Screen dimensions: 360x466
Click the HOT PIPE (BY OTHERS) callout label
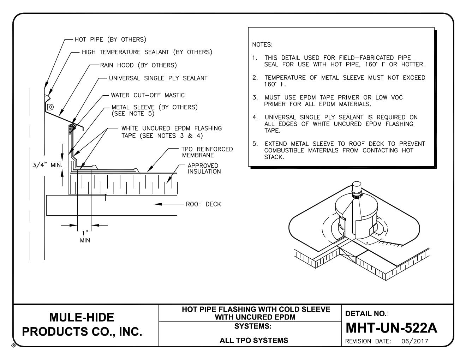[x=110, y=39]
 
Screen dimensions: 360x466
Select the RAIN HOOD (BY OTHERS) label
[x=138, y=65]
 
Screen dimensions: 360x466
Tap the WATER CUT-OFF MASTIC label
[x=148, y=95]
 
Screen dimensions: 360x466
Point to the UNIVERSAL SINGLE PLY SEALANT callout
[x=158, y=78]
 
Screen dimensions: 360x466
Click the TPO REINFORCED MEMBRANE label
[x=207, y=152]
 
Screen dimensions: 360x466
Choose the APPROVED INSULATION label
[x=204, y=169]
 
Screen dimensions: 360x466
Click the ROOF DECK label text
[x=203, y=204]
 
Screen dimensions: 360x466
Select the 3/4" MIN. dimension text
[x=47, y=165]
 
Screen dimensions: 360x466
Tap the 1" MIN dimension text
[x=85, y=237]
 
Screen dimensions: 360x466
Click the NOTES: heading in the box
[x=262, y=45]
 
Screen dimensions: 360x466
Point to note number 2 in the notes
[x=255, y=78]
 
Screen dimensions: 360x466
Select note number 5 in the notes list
[x=255, y=144]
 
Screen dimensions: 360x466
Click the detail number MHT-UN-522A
[x=391, y=328]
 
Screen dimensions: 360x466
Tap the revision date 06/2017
[x=415, y=341]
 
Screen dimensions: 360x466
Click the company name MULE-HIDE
[x=82, y=317]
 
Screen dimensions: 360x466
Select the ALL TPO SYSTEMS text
[x=253, y=341]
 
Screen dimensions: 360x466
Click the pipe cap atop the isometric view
[x=357, y=187]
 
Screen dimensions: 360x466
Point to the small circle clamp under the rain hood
[x=50, y=106]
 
